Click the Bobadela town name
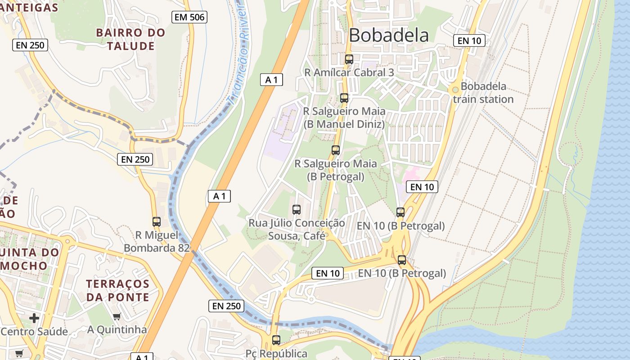388,35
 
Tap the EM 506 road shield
189,18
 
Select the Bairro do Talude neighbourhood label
130,39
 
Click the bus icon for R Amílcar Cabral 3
349,59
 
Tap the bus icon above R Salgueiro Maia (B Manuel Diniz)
344,98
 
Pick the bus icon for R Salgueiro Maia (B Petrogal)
336,150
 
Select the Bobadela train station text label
483,93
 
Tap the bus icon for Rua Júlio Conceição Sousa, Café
296,209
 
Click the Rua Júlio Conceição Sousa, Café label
297,229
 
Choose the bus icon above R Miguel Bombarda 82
157,221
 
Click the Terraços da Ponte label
118,290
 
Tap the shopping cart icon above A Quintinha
117,316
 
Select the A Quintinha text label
117,330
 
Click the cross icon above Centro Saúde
34,318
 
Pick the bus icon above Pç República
276,340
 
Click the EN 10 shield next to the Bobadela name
469,40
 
